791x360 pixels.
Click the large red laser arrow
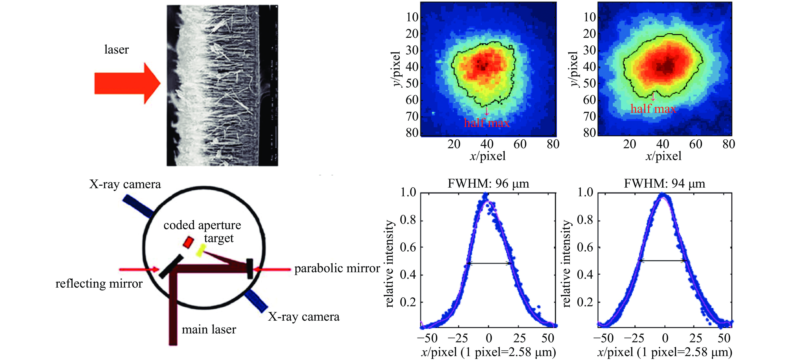point(126,83)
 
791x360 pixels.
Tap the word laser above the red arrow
point(116,49)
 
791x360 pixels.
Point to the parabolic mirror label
point(337,268)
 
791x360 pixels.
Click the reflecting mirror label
point(99,284)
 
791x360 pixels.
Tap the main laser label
point(209,329)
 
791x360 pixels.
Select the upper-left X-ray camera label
point(125,184)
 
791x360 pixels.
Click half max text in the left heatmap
point(487,123)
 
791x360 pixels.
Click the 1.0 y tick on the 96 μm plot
point(408,192)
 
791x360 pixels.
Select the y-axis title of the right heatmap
point(574,69)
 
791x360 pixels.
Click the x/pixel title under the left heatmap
point(488,156)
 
